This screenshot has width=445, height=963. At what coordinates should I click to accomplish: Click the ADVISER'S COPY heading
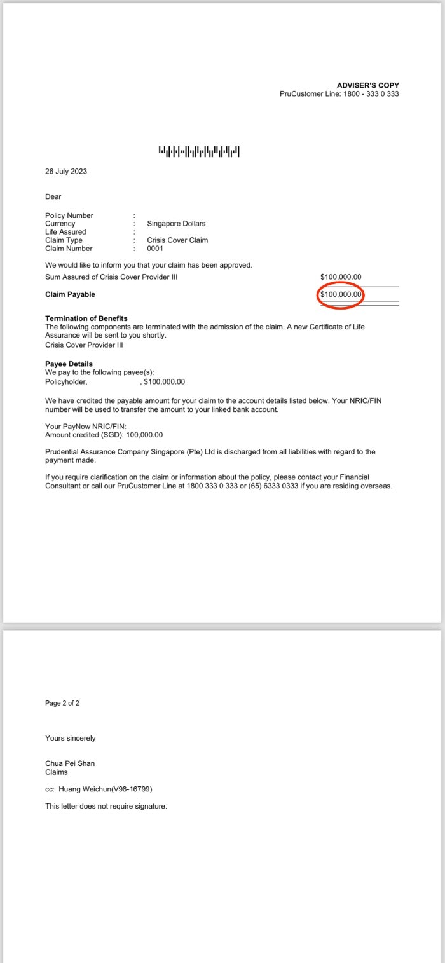(x=367, y=85)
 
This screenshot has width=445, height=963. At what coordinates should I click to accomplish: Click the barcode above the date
(x=199, y=151)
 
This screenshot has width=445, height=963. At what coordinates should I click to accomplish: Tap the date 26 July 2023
(x=66, y=172)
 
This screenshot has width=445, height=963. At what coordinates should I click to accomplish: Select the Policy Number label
(x=69, y=215)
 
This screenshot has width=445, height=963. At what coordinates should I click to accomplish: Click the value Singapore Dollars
(x=176, y=224)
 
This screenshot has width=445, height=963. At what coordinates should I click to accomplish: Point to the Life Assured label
(x=65, y=232)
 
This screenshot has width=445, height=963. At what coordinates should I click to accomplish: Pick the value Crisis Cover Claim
(x=177, y=240)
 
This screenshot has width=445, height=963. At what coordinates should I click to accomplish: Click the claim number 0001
(x=155, y=249)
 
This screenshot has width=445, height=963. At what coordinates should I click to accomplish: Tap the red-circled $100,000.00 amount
(x=341, y=294)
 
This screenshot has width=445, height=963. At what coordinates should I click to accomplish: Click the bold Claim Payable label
(x=70, y=294)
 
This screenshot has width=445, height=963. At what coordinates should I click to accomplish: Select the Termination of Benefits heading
(x=86, y=318)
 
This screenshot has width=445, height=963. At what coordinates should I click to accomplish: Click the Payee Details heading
(x=69, y=364)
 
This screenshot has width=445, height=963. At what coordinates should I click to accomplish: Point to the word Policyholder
(x=66, y=382)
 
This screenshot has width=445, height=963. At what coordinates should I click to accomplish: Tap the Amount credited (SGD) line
(x=104, y=435)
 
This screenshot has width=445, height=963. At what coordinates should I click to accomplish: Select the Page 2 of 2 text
(x=62, y=703)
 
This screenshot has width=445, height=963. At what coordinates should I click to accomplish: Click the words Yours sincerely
(x=71, y=738)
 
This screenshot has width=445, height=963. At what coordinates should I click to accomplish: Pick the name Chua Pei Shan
(x=70, y=763)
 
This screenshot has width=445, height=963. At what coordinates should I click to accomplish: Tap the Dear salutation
(x=53, y=197)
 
